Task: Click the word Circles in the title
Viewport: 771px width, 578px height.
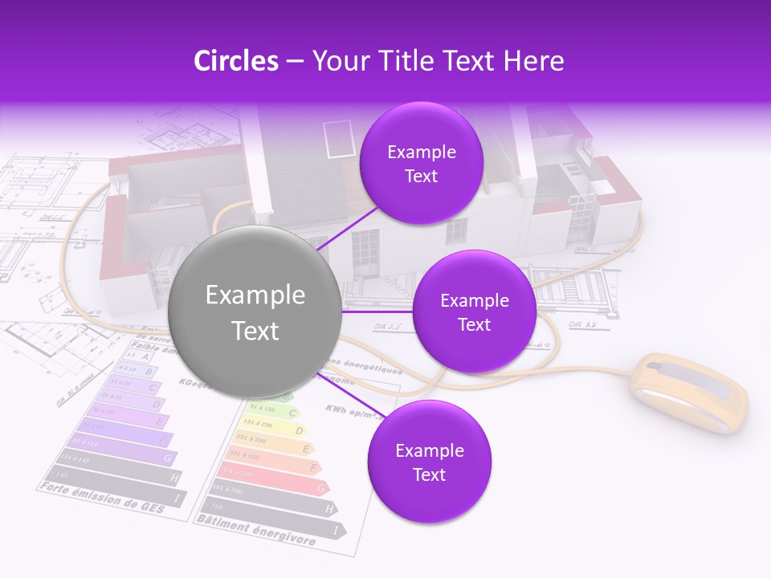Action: point(236,61)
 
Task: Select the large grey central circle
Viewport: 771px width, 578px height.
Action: point(255,312)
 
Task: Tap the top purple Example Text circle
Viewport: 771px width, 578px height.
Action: point(421,164)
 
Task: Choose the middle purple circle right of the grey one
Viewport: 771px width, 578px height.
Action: point(474,312)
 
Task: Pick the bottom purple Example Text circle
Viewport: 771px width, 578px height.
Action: point(429,462)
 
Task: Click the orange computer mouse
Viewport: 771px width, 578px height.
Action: point(688,393)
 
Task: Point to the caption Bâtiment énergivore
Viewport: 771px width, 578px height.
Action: point(255,531)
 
